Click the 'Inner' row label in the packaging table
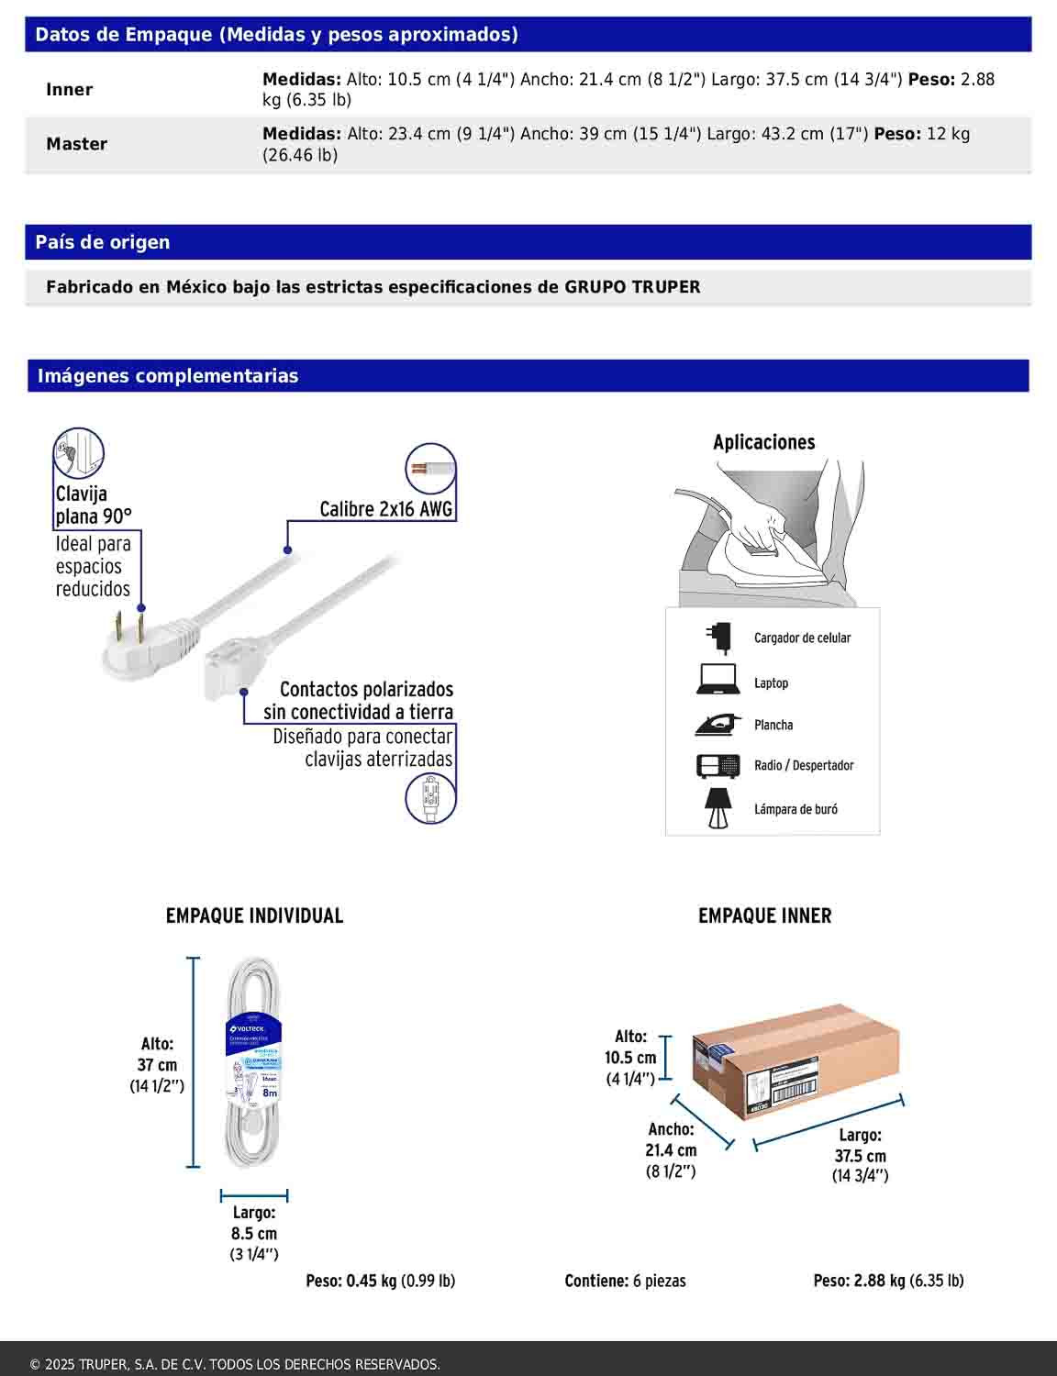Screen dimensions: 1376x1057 pyautogui.click(x=69, y=90)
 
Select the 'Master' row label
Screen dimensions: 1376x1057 pyautogui.click(x=76, y=144)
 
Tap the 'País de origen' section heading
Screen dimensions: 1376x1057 pyautogui.click(x=102, y=242)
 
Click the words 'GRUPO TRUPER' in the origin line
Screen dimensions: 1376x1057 pyautogui.click(x=632, y=287)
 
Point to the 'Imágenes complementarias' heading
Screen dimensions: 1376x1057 pyautogui.click(x=167, y=376)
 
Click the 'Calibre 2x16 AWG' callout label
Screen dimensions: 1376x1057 pyautogui.click(x=385, y=509)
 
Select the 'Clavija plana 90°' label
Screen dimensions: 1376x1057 pyautogui.click(x=93, y=505)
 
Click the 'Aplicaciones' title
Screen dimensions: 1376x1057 pyautogui.click(x=763, y=442)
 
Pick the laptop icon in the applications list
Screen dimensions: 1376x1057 pyautogui.click(x=718, y=680)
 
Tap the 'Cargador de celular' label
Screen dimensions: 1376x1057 pyautogui.click(x=802, y=638)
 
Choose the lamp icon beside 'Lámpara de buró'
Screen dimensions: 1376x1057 pyautogui.click(x=718, y=808)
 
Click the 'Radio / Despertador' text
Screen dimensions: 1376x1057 pyautogui.click(x=804, y=765)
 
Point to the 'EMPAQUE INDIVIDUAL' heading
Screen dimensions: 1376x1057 pyautogui.click(x=254, y=915)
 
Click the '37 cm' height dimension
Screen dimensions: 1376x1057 pyautogui.click(x=157, y=1065)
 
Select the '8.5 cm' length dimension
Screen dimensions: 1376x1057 pyautogui.click(x=254, y=1234)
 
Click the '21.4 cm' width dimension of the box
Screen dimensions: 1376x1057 pyautogui.click(x=671, y=1150)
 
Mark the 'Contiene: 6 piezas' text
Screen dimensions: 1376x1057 pyautogui.click(x=625, y=1281)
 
